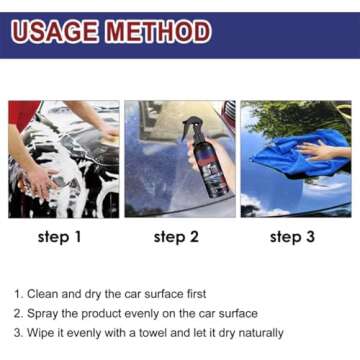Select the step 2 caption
click(177, 237)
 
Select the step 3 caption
click(293, 237)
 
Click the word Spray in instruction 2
click(45, 313)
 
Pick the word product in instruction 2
click(103, 313)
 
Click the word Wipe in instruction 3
click(44, 332)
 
